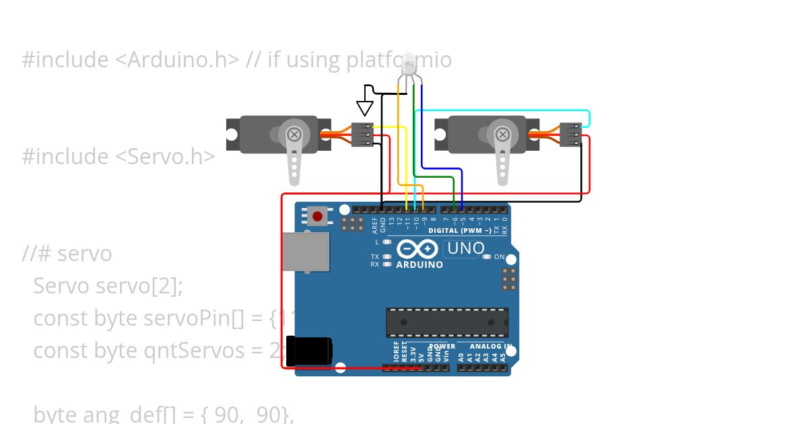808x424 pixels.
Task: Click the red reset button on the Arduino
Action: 316,216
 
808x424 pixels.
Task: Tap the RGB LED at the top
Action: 409,66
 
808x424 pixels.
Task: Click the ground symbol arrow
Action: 365,107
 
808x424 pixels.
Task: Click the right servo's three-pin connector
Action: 572,134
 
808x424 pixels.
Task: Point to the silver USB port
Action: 306,252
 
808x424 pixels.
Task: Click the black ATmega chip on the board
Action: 447,322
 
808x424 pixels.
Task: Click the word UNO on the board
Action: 465,248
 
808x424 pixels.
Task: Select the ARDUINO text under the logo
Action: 419,265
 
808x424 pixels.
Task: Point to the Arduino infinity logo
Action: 418,250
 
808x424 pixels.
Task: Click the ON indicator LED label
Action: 499,257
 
